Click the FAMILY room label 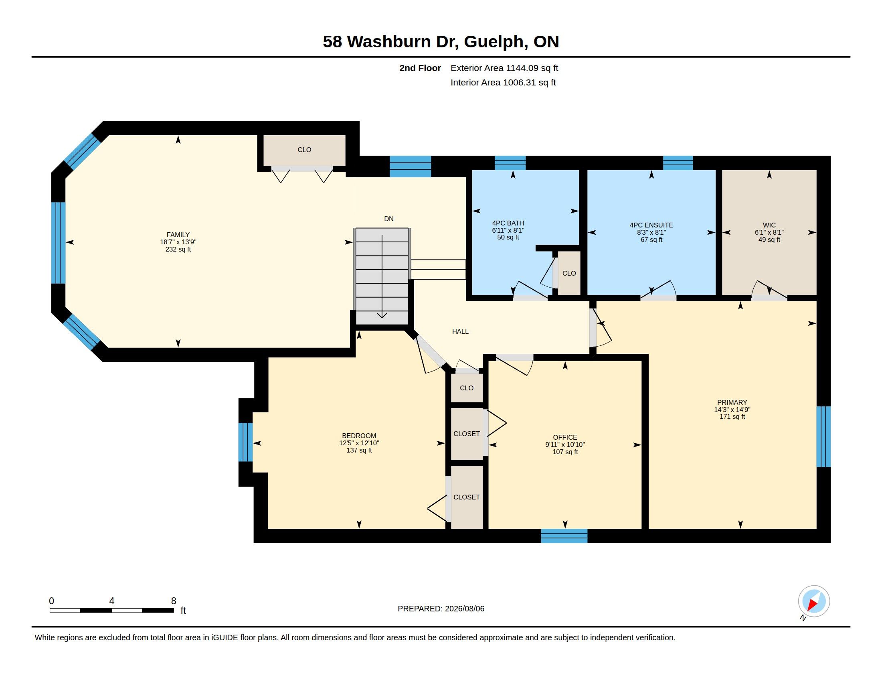coord(178,235)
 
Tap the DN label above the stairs coord(388,219)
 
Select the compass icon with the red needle coord(814,601)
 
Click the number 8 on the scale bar coord(174,601)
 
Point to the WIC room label coord(769,225)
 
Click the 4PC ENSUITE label coord(651,225)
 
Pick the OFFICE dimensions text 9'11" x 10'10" coord(565,445)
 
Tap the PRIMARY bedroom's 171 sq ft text coord(732,416)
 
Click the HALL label coord(460,331)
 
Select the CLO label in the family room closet coord(304,150)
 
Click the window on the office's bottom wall coord(564,536)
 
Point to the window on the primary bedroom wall coord(823,436)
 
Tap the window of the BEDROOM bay coord(245,442)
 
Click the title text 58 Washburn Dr coord(390,42)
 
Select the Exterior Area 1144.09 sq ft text coord(504,68)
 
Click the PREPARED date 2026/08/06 coord(464,609)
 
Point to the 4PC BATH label coord(508,223)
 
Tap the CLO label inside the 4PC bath coord(569,274)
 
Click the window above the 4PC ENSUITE coord(678,163)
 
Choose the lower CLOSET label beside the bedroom coord(466,497)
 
